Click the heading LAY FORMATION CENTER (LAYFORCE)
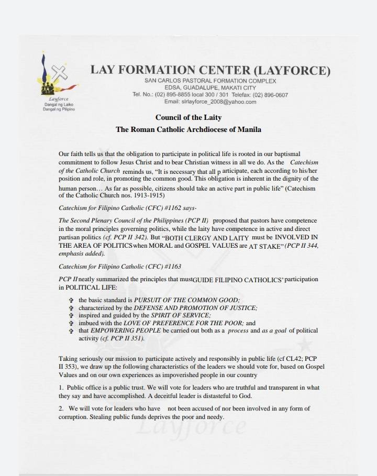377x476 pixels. point(210,70)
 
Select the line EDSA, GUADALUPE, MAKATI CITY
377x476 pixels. point(210,88)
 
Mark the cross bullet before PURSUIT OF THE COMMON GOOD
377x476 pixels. point(71,300)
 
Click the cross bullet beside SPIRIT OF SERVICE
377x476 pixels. point(71,316)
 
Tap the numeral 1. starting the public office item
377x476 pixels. point(61,388)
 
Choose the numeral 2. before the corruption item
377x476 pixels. point(61,408)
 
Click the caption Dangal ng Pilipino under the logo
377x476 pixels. point(59,110)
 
